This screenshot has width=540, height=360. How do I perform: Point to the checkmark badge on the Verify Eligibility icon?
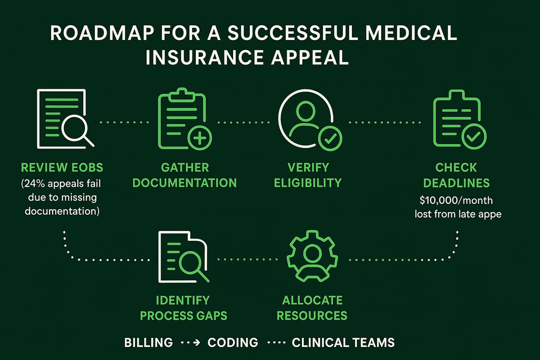(x=330, y=138)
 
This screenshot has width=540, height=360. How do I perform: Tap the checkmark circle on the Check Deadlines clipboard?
(x=473, y=137)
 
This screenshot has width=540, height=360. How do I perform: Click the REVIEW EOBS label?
(x=62, y=168)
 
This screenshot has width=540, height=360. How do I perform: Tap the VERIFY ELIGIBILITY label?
(x=308, y=175)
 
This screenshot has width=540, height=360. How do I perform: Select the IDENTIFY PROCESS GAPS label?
(x=184, y=307)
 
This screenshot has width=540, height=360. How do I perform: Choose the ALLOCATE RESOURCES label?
(x=312, y=307)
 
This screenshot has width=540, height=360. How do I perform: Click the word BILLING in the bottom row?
(x=148, y=342)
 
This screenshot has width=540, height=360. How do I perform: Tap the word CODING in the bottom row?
(x=233, y=342)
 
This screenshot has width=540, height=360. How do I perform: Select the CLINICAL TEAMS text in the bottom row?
(x=343, y=342)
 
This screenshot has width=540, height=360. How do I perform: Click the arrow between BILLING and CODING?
(x=189, y=343)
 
